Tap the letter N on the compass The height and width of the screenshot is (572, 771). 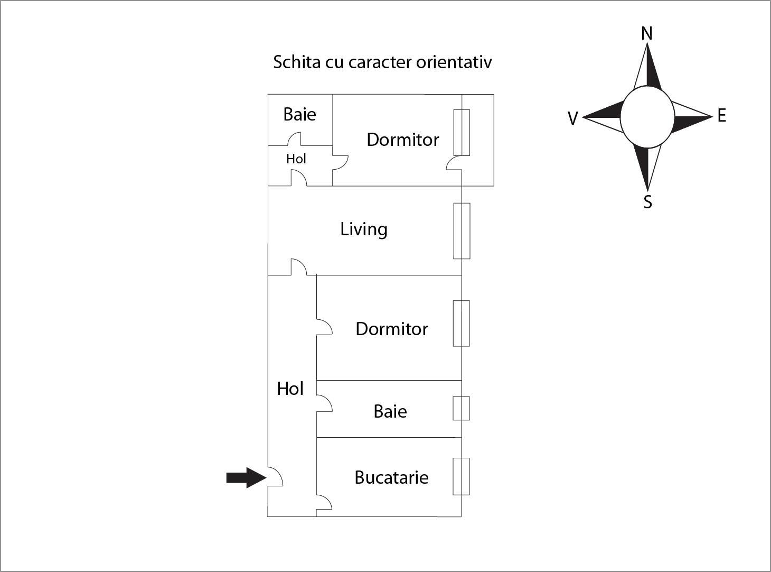[x=646, y=34]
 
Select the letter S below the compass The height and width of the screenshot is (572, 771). [x=647, y=202]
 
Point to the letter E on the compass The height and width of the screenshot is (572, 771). [x=722, y=115]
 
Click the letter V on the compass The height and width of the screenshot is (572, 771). [x=572, y=118]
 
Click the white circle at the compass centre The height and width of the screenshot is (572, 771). [x=647, y=117]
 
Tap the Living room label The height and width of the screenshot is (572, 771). [x=364, y=229]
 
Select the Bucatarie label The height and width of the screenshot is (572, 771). [x=391, y=477]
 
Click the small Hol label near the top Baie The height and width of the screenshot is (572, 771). [x=296, y=159]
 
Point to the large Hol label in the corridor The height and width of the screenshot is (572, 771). [x=290, y=389]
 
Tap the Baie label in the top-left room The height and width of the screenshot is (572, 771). [x=299, y=114]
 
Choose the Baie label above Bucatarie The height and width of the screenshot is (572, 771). [x=390, y=411]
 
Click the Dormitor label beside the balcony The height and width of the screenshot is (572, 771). [x=402, y=140]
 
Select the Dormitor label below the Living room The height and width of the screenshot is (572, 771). [x=391, y=329]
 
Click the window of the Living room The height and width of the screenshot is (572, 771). [x=462, y=231]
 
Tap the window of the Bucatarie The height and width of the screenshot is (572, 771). [x=462, y=476]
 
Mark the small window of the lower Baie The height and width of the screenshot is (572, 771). [x=462, y=408]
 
